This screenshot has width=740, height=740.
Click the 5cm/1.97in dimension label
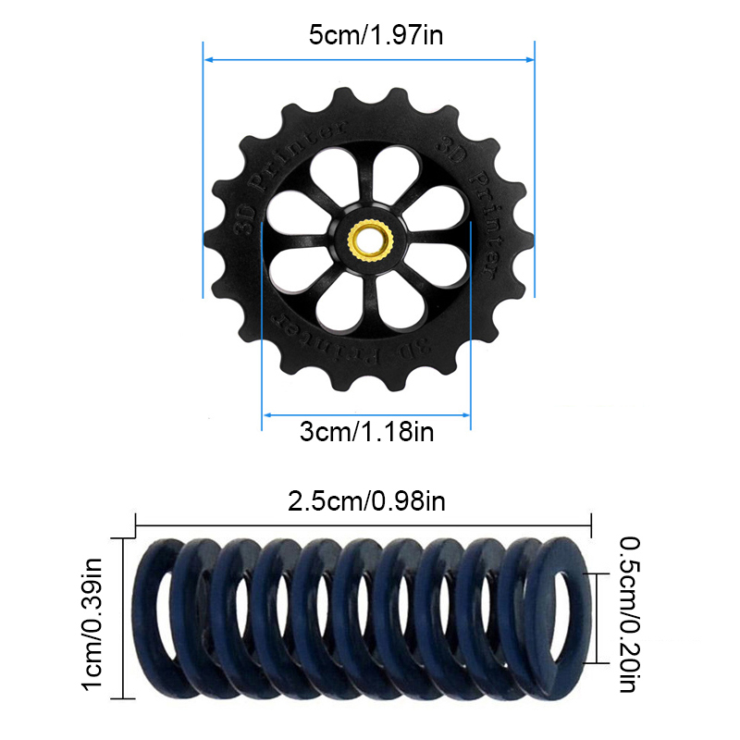coord(376,35)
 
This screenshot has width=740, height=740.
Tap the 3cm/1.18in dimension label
coord(366,432)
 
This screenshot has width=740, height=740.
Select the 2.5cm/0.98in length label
coord(366,501)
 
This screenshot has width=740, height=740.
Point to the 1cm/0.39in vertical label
coord(92,623)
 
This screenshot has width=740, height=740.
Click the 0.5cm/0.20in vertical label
coord(630,614)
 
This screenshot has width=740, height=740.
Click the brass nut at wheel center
coord(370,241)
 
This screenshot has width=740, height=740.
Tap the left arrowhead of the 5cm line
coord(209,60)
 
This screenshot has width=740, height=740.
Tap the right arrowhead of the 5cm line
coord(529,59)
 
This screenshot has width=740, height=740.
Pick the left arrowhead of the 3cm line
coord(267,415)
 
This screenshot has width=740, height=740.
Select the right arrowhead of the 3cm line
coord(465,415)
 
